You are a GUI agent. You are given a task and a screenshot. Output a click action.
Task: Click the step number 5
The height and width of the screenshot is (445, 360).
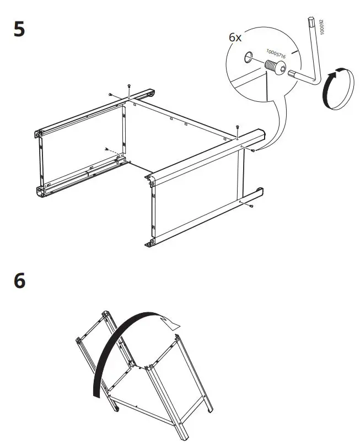point(19,29)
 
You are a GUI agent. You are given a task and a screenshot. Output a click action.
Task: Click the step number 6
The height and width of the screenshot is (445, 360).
point(19,281)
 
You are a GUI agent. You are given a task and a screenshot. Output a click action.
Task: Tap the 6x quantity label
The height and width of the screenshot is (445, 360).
point(235,37)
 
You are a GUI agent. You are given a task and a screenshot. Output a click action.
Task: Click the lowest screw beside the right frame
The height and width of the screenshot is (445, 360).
point(251,206)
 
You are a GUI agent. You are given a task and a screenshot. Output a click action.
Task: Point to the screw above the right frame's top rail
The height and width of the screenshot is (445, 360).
point(237,127)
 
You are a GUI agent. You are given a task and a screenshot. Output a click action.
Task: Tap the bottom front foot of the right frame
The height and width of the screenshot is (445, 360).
point(149,243)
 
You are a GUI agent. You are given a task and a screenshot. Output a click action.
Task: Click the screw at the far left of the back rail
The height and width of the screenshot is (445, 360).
point(110,95)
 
